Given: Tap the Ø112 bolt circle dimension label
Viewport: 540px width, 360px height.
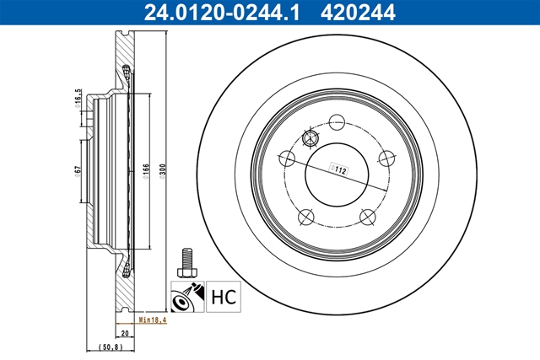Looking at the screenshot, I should [x=341, y=169].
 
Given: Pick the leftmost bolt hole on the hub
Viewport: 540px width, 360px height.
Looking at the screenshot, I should [x=284, y=157].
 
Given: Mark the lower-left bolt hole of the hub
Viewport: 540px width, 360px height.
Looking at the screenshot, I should [x=304, y=217].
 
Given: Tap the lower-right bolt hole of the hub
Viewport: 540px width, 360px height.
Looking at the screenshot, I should [x=367, y=217].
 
